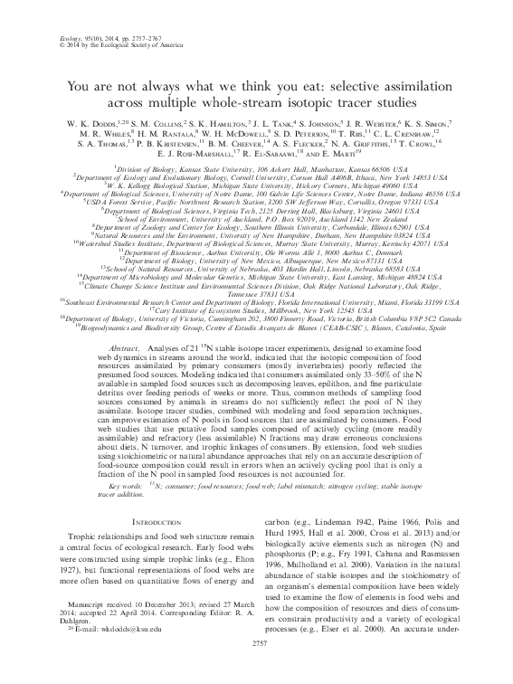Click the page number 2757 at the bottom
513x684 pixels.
(257, 669)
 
